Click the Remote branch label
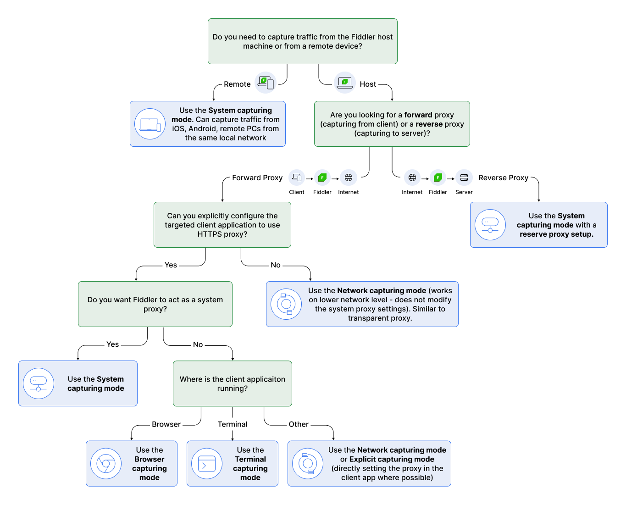coord(237,84)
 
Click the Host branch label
coord(367,84)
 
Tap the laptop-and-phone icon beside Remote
coord(266,83)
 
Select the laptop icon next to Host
coord(345,83)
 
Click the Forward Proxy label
coord(257,178)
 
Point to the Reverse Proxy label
coord(503,178)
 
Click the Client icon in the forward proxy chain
coord(297,178)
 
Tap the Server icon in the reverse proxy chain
coord(464,178)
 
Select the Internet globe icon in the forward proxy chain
coord(349,178)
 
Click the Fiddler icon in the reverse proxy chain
coord(438,178)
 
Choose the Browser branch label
coord(166,425)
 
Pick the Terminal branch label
coord(233,425)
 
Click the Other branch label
coord(299,425)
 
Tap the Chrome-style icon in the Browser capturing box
coord(106,464)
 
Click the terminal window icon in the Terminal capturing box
coord(207,464)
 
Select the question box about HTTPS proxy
coord(222,225)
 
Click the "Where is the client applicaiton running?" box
coord(233,383)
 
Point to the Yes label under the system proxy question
coord(113,344)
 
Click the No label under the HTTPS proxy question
coord(276,265)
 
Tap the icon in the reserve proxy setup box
coord(490,225)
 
